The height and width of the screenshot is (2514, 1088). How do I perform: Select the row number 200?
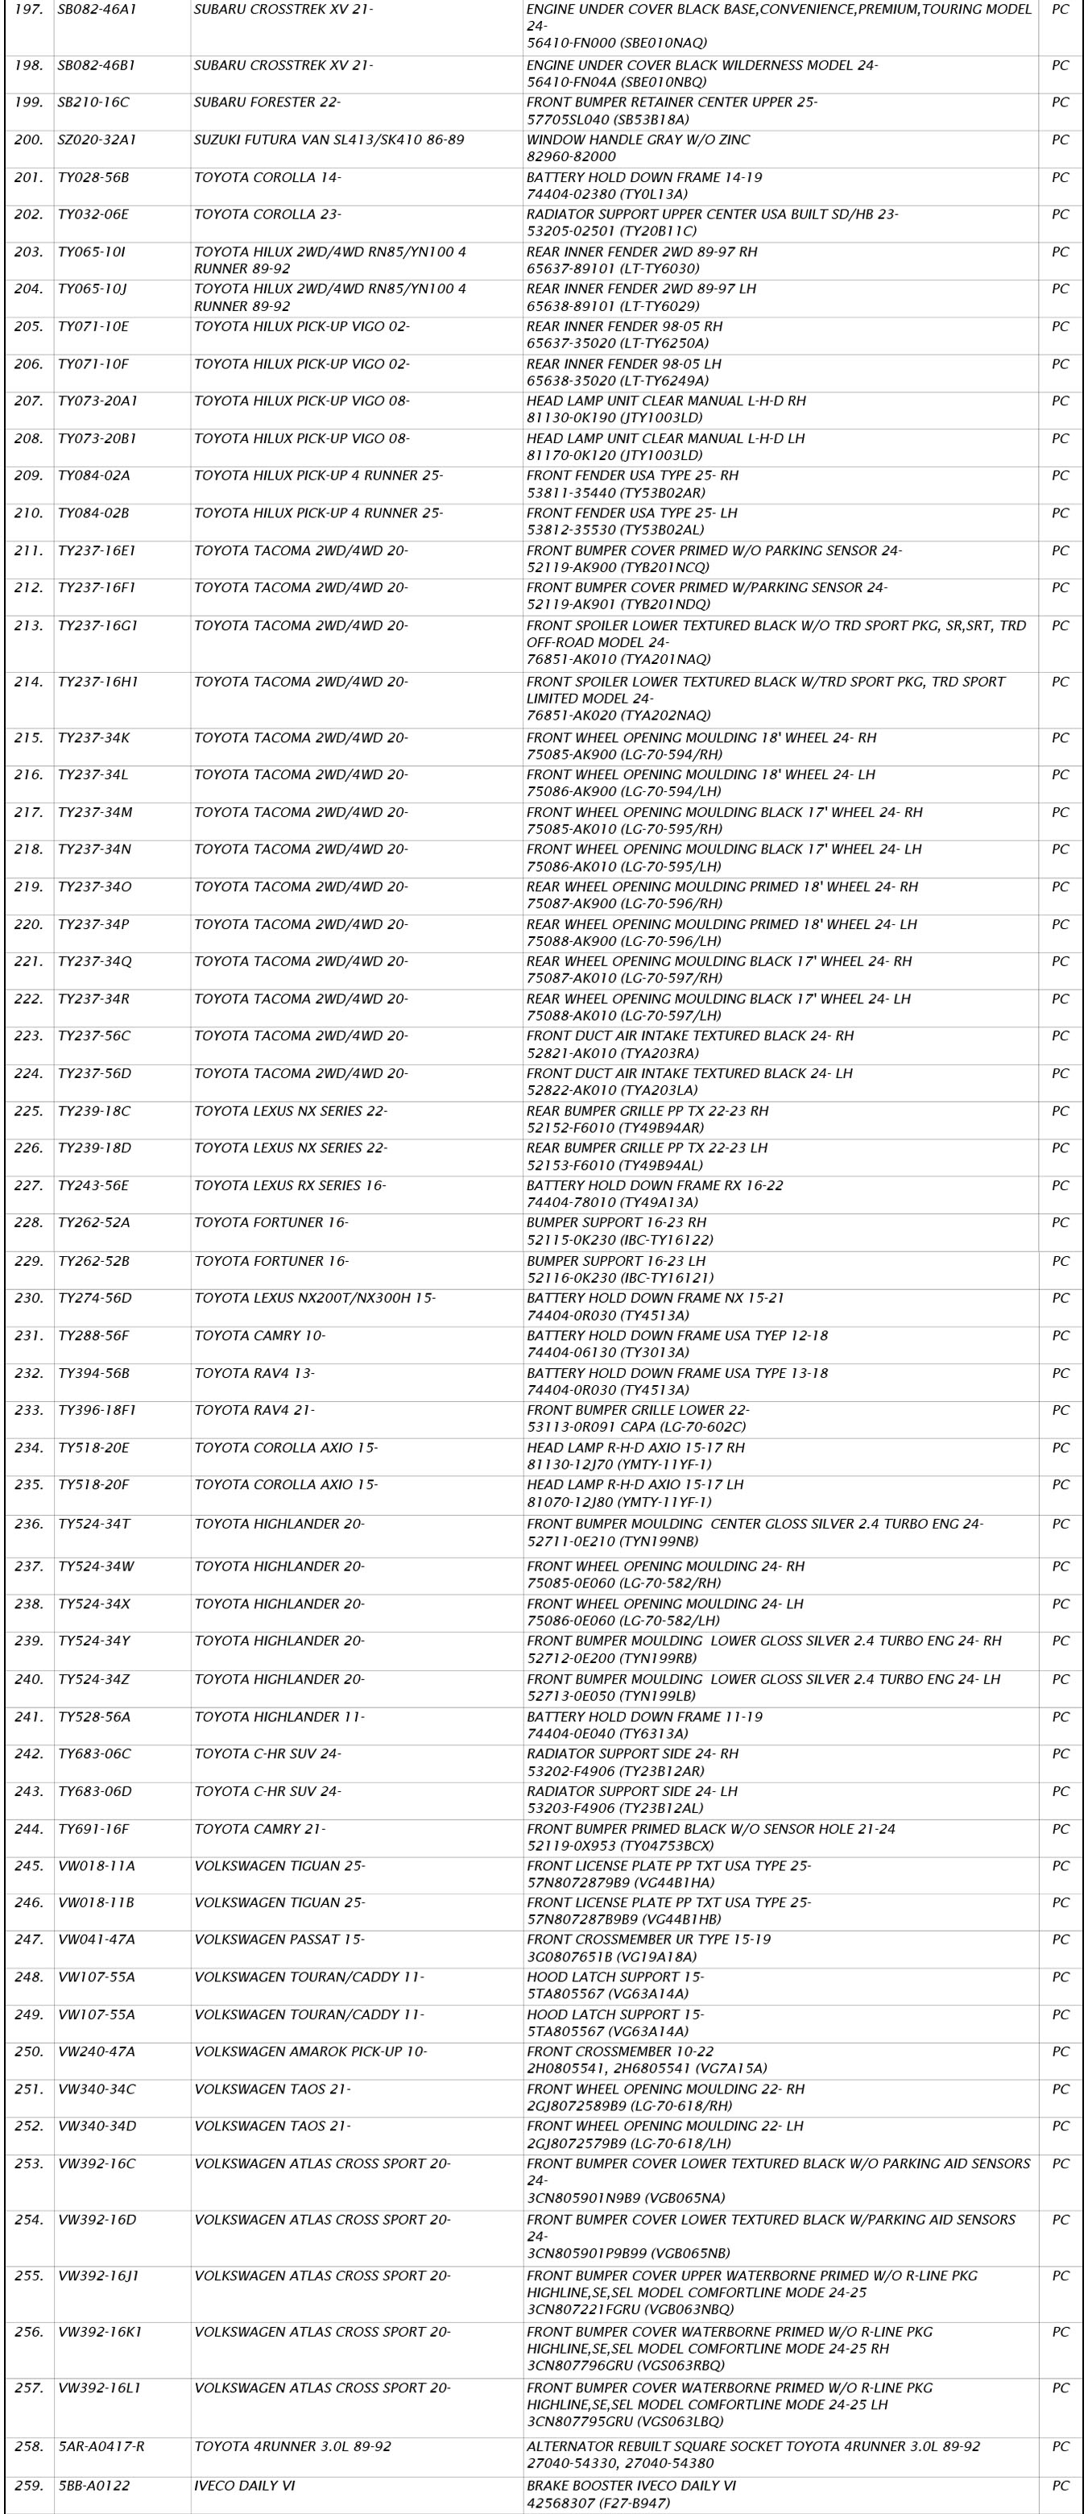28,139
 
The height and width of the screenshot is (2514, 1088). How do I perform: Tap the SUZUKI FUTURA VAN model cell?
329,139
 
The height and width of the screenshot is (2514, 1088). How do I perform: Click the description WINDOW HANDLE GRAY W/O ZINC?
638,139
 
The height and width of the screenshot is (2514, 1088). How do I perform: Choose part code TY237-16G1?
97,625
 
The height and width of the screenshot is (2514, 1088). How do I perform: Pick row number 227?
28,1186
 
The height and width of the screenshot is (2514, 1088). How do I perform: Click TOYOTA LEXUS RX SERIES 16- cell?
290,1186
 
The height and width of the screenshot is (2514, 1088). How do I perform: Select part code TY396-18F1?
97,1410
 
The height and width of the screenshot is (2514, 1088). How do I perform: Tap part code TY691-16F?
93,1829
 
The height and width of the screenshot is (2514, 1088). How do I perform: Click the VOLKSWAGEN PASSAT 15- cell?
279,1940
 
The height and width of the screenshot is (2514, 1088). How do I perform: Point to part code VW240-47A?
97,2052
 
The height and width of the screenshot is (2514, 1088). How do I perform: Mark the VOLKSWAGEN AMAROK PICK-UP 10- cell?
310,2052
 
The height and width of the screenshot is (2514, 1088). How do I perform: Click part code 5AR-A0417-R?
101,2446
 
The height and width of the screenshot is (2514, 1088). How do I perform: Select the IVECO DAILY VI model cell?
244,2486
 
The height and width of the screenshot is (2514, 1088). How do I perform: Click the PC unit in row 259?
1060,2486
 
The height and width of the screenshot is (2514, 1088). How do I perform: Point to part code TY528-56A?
93,1716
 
